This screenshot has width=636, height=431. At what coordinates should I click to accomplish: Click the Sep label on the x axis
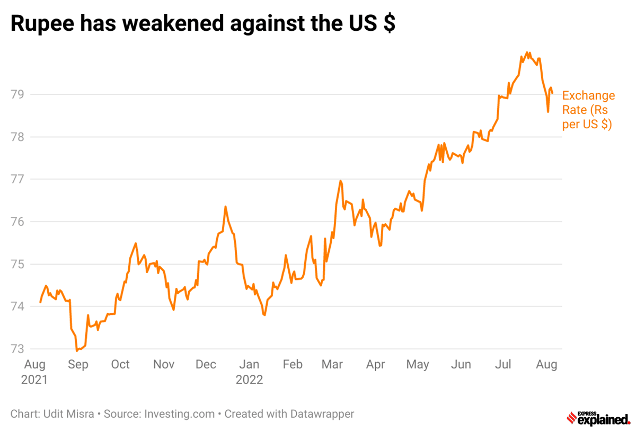(78, 365)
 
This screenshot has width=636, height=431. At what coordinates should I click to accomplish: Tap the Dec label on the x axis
(206, 365)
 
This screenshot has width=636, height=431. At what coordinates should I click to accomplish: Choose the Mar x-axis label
(332, 365)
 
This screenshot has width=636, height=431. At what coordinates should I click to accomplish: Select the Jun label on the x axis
(461, 365)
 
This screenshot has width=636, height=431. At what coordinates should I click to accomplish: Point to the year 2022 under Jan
(250, 380)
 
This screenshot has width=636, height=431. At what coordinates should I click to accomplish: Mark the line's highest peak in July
(527, 52)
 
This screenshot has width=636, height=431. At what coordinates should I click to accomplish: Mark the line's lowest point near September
(77, 350)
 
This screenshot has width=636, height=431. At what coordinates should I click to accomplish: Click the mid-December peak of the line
(225, 207)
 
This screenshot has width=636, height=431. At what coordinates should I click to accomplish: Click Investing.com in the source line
(180, 414)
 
